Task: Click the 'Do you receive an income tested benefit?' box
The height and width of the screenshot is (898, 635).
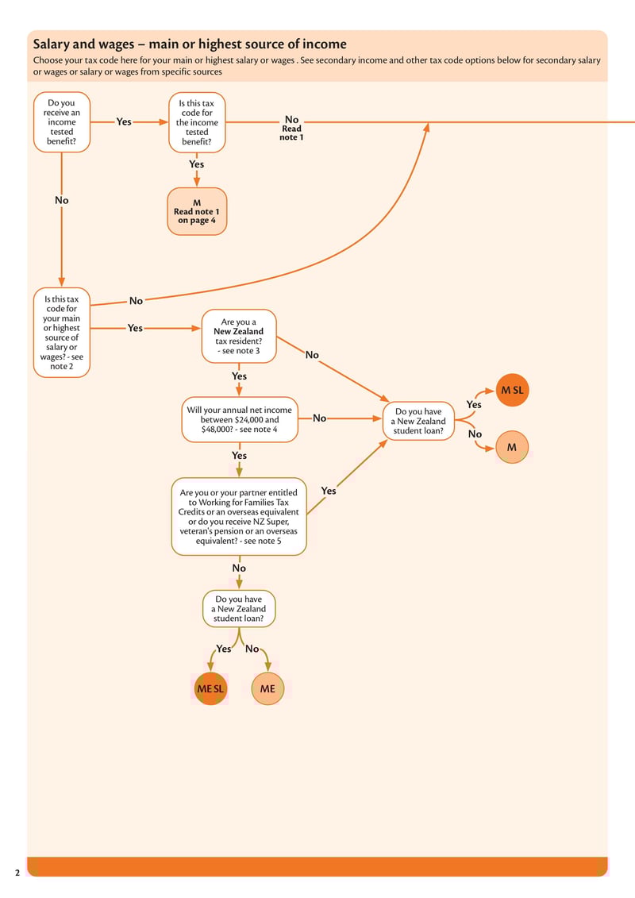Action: click(x=62, y=122)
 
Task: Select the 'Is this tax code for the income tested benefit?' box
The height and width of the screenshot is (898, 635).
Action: click(x=197, y=122)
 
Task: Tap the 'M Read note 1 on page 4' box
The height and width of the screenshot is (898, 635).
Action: click(x=197, y=211)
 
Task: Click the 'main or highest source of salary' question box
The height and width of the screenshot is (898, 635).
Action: click(x=62, y=333)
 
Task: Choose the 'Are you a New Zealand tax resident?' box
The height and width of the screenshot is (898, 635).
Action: click(x=239, y=337)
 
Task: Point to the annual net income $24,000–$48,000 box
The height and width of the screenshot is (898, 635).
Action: click(x=240, y=419)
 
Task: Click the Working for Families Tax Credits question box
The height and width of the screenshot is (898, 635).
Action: click(x=239, y=516)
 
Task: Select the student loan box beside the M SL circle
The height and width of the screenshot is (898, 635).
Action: click(x=418, y=422)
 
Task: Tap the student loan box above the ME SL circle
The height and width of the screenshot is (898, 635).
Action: click(x=239, y=609)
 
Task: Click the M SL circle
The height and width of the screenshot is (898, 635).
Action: click(x=512, y=390)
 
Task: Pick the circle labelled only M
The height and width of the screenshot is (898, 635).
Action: click(x=512, y=447)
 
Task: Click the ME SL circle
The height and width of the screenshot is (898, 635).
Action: click(x=210, y=689)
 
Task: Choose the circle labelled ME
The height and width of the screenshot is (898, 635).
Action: click(x=267, y=689)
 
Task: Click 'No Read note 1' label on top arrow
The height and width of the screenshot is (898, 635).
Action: click(x=291, y=128)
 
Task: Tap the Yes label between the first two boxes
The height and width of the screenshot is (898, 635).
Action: click(x=124, y=122)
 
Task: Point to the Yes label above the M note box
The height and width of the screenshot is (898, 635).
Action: click(x=196, y=164)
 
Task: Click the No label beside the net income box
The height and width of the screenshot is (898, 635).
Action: click(x=319, y=418)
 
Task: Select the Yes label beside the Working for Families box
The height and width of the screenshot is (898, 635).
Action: click(x=329, y=491)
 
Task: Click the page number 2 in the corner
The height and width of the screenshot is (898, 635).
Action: click(x=17, y=873)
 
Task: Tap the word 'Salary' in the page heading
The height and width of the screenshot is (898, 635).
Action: click(x=52, y=44)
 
